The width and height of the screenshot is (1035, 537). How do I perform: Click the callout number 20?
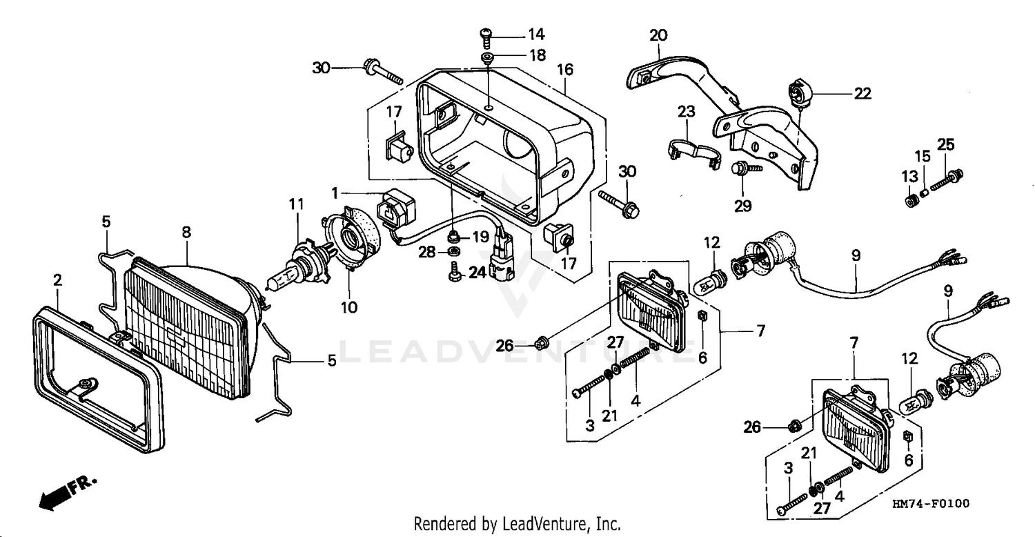[x=658, y=35]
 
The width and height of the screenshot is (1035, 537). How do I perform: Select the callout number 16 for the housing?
[x=565, y=70]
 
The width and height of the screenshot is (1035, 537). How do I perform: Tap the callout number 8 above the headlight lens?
[x=186, y=233]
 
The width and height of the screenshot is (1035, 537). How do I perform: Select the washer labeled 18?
[x=488, y=55]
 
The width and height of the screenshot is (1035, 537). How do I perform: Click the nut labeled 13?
[x=911, y=201]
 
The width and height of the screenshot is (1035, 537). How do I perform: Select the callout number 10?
[x=350, y=307]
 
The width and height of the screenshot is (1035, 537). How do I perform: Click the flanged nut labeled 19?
[x=455, y=237]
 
